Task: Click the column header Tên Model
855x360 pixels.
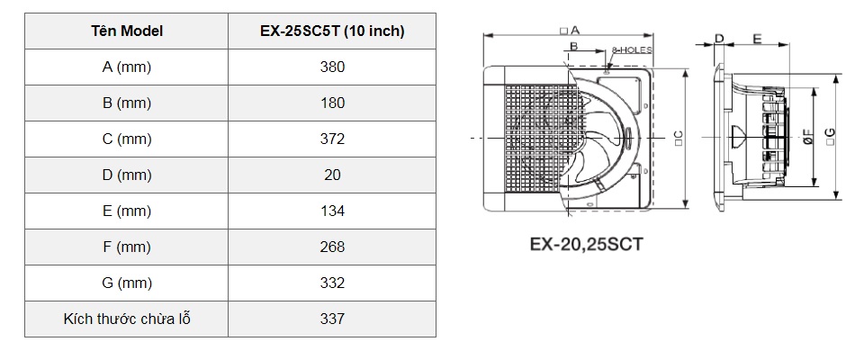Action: pos(127,31)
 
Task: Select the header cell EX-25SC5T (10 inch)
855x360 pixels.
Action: pos(332,31)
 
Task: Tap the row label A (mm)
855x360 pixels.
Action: pos(127,67)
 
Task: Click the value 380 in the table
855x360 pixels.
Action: pos(332,67)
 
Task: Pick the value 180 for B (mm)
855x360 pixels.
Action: pos(332,103)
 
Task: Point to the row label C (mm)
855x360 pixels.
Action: pos(127,139)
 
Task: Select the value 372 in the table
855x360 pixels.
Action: pos(332,139)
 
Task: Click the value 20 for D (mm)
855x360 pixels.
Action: pos(332,175)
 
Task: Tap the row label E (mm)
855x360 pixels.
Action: pos(127,211)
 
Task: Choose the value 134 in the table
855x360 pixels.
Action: pos(332,211)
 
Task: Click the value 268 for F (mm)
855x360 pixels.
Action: pos(332,247)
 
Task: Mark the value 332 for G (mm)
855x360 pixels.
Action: pos(332,283)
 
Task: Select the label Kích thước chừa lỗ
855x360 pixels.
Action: pos(127,319)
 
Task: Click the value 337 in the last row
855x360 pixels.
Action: pos(332,319)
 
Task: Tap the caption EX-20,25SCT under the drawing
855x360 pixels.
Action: pos(586,243)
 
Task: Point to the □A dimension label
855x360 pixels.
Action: pos(570,30)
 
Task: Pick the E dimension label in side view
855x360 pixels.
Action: pos(756,39)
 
